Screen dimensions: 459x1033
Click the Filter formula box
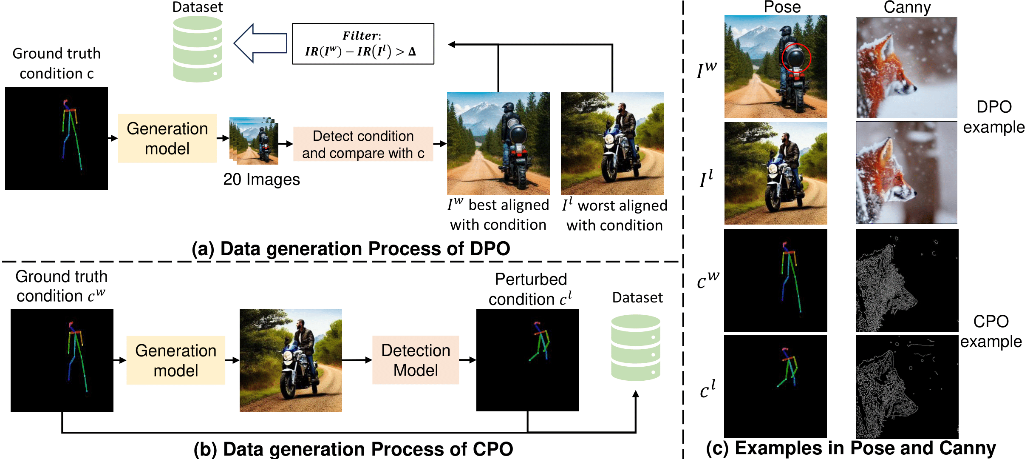tap(363, 44)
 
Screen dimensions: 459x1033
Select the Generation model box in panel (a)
tap(167, 138)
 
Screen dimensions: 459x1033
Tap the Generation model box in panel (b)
tap(175, 360)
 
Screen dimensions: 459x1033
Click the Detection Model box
tap(415, 360)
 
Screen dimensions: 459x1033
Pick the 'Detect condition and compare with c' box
tap(363, 144)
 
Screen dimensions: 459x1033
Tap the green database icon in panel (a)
tap(198, 49)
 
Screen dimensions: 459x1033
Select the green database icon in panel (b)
tap(636, 347)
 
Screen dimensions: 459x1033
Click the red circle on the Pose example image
tap(796, 59)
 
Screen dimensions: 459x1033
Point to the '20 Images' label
tap(261, 179)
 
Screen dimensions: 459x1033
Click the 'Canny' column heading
tap(907, 7)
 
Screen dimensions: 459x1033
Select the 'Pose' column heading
tap(782, 7)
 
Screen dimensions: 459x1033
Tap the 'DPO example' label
tap(993, 117)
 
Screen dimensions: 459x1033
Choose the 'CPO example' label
tap(991, 331)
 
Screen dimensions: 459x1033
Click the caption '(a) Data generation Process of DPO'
tap(351, 248)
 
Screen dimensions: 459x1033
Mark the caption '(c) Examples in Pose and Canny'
tap(851, 448)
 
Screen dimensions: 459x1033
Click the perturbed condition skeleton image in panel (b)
tap(527, 360)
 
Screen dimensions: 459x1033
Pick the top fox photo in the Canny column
tap(906, 68)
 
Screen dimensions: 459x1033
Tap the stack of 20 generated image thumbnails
tap(254, 141)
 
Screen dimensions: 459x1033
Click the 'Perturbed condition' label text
tap(530, 289)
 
